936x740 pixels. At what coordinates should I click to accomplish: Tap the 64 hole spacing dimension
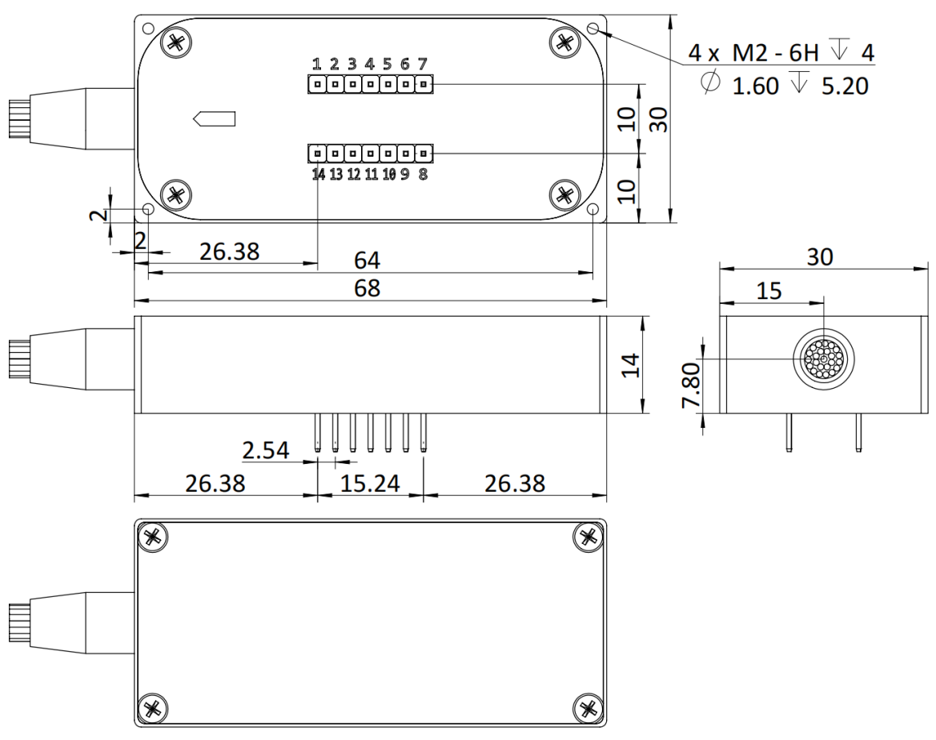click(368, 262)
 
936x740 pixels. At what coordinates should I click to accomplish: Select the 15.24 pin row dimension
click(370, 482)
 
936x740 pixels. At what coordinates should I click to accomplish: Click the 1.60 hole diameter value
click(755, 85)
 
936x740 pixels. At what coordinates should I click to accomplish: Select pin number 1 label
click(317, 64)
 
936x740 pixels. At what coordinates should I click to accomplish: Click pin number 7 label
click(422, 64)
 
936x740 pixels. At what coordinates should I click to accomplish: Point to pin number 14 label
click(319, 174)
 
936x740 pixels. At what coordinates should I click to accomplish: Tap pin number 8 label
click(423, 174)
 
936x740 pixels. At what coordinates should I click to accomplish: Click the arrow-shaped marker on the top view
click(215, 119)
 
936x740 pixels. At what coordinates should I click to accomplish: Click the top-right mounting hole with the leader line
click(593, 29)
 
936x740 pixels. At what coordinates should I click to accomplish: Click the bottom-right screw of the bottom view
click(589, 707)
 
